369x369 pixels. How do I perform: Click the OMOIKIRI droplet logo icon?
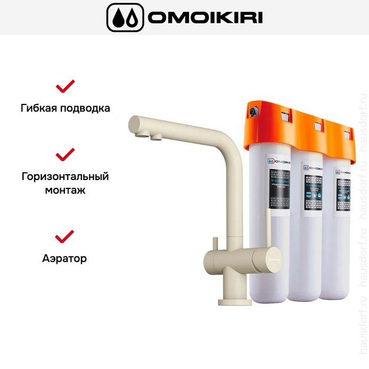click(x=125, y=17)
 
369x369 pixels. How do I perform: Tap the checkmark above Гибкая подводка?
click(x=65, y=86)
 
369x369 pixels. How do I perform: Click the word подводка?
click(x=86, y=109)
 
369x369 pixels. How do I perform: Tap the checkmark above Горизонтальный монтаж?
click(x=65, y=155)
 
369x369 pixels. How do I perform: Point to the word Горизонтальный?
click(x=65, y=177)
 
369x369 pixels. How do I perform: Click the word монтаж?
click(x=65, y=191)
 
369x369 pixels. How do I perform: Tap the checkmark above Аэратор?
click(x=65, y=236)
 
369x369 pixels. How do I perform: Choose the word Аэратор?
click(x=65, y=258)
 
